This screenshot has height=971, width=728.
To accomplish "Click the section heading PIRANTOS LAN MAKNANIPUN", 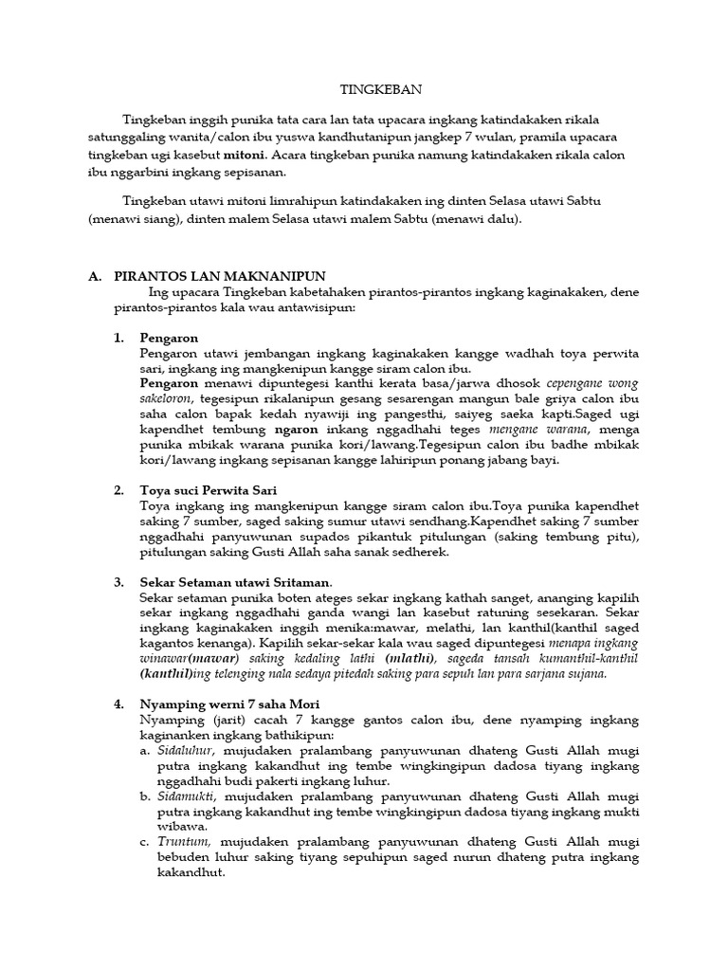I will [x=217, y=277].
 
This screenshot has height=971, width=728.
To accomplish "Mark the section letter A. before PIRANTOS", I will [x=94, y=277].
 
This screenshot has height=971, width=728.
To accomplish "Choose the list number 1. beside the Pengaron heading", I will [x=118, y=338].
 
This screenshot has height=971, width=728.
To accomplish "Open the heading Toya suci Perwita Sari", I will [x=208, y=490].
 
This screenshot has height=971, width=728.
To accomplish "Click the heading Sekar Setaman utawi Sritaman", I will [x=236, y=581].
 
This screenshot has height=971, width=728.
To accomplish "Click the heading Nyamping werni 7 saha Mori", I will [x=229, y=705].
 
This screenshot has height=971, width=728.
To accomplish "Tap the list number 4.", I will [x=118, y=705].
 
